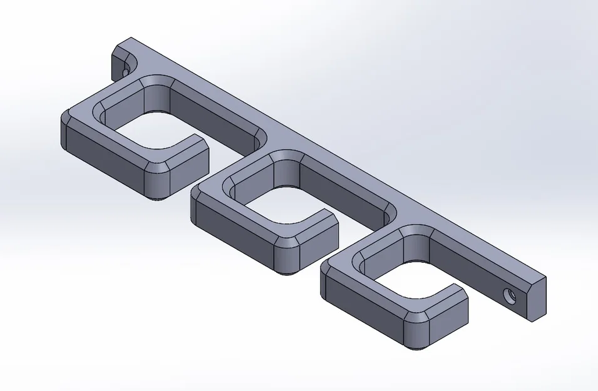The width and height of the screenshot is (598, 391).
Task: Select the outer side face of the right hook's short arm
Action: click(448, 321)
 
